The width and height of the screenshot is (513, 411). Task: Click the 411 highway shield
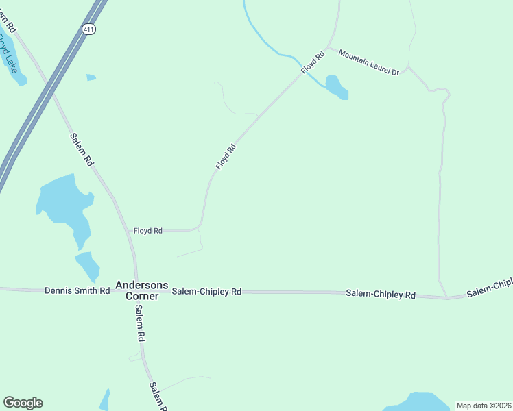(88, 29)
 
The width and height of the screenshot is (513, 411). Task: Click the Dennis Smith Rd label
(77, 290)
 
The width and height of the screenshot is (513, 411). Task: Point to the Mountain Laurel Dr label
(368, 62)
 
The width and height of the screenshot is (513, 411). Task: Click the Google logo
(23, 403)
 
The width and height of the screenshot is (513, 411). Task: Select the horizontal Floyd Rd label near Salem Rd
(147, 231)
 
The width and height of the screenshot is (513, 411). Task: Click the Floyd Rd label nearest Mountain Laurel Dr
(312, 62)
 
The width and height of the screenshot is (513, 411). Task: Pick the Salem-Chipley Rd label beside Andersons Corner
(206, 291)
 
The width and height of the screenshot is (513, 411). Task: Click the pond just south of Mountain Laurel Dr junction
(336, 87)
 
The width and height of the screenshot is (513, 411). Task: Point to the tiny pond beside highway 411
(91, 77)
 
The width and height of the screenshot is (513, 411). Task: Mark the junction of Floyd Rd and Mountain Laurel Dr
(328, 48)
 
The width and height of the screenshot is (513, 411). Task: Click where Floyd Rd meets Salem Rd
(130, 231)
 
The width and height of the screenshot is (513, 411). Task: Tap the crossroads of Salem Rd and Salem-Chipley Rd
(137, 291)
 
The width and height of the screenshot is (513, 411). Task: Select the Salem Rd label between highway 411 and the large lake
(81, 149)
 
